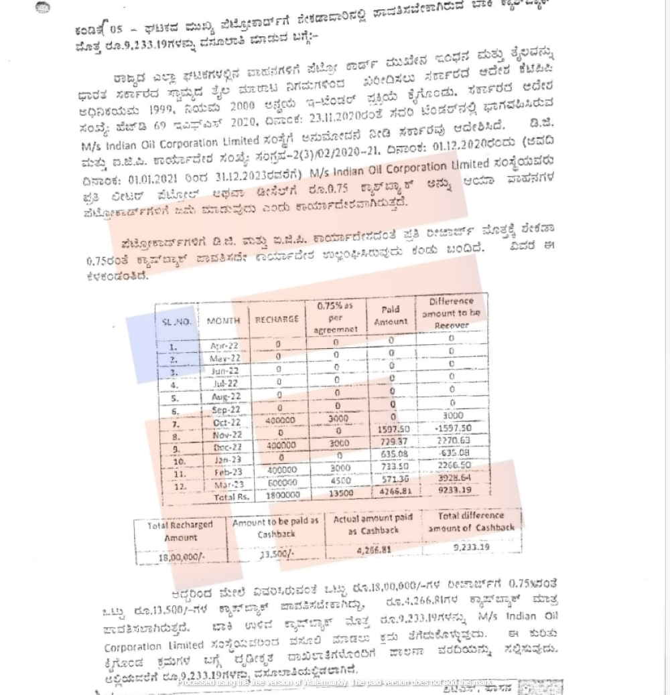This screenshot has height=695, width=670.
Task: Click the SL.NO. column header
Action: [x=176, y=322]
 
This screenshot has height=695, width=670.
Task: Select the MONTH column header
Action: [x=223, y=321]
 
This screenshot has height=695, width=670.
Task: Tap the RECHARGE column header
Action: [x=277, y=319]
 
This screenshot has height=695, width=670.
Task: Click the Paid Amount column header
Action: [x=391, y=315]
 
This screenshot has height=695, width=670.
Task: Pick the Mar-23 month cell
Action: [x=229, y=484]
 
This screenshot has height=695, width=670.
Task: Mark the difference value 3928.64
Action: [x=454, y=478]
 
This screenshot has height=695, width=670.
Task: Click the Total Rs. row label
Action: [x=231, y=497]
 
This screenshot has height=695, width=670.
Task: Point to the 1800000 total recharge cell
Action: [x=282, y=495]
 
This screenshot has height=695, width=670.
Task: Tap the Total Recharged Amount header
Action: [x=180, y=532]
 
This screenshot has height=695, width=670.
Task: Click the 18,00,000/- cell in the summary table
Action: [x=182, y=557]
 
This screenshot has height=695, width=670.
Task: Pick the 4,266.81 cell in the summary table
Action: [x=374, y=550]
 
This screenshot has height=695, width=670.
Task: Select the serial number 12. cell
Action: [x=179, y=487]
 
